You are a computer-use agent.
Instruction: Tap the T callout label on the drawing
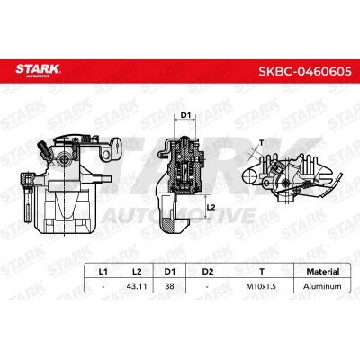tap(261, 142)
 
